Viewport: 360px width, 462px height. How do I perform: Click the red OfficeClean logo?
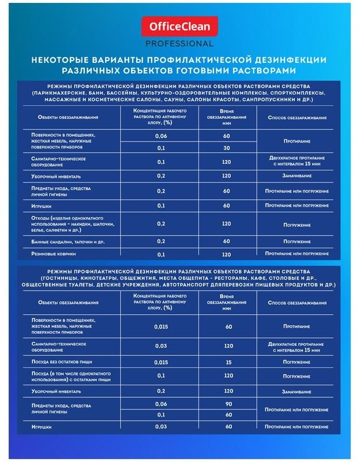180,27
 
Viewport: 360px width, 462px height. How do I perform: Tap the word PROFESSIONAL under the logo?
180,43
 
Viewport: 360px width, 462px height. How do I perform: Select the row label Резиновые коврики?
54,254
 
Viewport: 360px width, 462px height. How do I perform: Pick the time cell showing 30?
226,148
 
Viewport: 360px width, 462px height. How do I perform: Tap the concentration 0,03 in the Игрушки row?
161,426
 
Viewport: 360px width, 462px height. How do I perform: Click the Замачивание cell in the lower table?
297,391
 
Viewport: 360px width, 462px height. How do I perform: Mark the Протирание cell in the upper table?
297,141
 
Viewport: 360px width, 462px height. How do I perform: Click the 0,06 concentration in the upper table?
161,136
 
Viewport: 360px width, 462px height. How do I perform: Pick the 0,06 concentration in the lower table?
161,404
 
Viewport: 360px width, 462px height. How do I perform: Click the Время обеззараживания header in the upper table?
226,117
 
